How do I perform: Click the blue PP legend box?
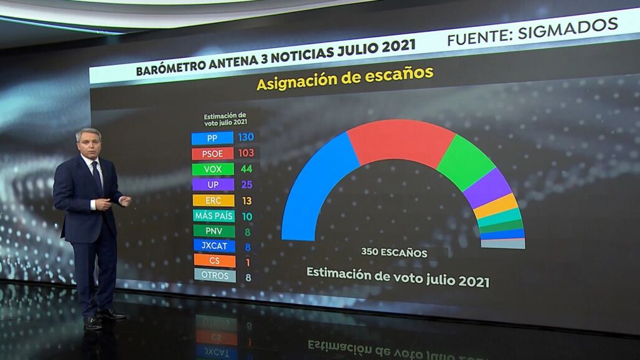212,138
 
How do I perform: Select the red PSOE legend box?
212,153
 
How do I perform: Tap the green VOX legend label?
213,169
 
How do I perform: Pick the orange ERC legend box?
214,201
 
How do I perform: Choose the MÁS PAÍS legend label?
214,216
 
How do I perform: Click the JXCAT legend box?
214,246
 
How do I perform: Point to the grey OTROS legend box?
215,276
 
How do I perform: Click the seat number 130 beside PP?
246,137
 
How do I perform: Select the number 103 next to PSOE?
247,153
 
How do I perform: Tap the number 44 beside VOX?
246,169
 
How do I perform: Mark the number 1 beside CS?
248,262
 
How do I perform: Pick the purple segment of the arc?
487,188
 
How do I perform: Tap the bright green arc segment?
466,163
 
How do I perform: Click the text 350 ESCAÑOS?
394,253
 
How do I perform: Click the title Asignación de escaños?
344,80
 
